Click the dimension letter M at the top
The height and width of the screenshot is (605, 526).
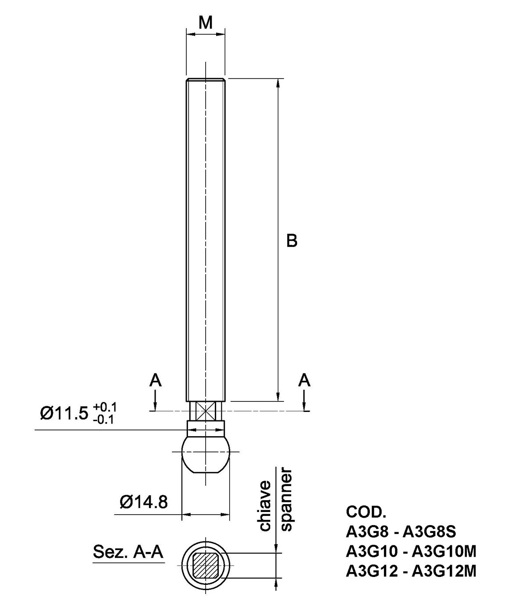coord(206,22)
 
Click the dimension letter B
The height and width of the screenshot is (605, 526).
coord(292,240)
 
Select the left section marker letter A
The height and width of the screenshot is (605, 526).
coord(156,380)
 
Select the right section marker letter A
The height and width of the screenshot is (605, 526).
coord(304,380)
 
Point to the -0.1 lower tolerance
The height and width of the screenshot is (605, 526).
coord(104,419)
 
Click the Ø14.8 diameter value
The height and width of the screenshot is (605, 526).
coord(144,501)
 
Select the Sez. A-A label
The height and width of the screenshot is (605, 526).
coord(128,552)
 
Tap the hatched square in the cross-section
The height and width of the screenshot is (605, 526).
coord(206,565)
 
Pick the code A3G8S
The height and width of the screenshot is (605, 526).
coord(430,532)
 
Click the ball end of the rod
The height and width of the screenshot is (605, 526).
coord(206,454)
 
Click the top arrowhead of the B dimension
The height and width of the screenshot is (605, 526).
coord(277,83)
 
